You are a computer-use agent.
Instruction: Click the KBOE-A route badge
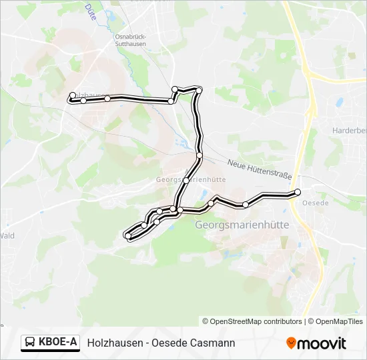pyautogui.click(x=50, y=343)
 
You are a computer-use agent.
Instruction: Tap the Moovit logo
pyautogui.click(x=316, y=343)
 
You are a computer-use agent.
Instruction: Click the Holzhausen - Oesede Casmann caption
pyautogui.click(x=161, y=343)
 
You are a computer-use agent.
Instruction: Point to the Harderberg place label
pyautogui.click(x=349, y=131)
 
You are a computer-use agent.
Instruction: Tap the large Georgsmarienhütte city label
pyautogui.click(x=242, y=225)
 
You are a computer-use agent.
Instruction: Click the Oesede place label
pyautogui.click(x=315, y=203)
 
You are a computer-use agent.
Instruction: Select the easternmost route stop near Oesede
pyautogui.click(x=298, y=192)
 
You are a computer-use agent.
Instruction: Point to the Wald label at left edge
pyautogui.click(x=7, y=235)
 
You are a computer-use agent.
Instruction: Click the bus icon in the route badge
pyautogui.click(x=30, y=343)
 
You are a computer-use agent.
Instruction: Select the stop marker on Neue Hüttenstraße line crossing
pyautogui.click(x=200, y=155)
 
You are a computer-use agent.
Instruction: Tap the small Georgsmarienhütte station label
pyautogui.click(x=190, y=179)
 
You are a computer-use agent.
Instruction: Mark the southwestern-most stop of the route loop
pyautogui.click(x=127, y=235)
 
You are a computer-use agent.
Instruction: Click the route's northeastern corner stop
pyautogui.click(x=199, y=90)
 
